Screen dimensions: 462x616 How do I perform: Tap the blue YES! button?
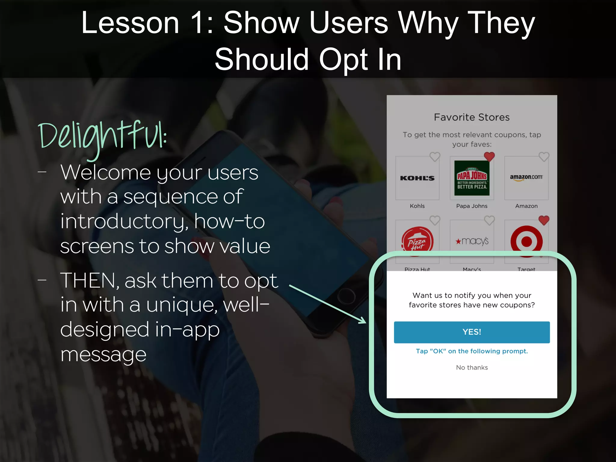[x=472, y=332]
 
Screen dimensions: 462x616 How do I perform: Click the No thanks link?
[x=472, y=368]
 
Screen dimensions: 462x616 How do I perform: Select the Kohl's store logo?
[x=417, y=178]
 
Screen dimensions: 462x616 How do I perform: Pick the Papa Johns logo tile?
[x=472, y=178]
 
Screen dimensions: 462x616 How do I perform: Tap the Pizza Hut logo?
[x=417, y=241]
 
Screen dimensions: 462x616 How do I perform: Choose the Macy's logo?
[x=472, y=241]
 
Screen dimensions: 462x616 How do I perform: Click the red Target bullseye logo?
[x=526, y=241]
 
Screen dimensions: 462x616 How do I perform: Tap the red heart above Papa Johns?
[x=489, y=156]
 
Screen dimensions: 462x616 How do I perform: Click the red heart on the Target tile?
[x=544, y=220]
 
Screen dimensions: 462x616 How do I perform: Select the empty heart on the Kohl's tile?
[x=435, y=156]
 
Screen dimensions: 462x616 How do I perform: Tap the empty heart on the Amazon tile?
[x=544, y=156]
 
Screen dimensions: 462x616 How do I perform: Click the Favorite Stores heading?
[x=472, y=117]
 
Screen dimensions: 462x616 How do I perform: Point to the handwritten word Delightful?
[x=102, y=137]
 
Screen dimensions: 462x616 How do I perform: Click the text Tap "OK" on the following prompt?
[x=472, y=351]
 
